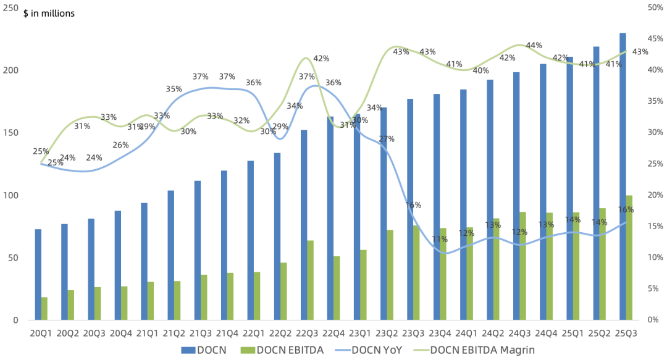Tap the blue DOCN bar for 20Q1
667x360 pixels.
(x=38, y=274)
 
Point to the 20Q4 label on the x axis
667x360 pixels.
(x=120, y=333)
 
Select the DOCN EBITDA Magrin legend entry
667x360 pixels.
(x=482, y=350)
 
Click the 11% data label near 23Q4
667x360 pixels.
(x=439, y=239)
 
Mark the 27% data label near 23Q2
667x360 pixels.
(x=387, y=139)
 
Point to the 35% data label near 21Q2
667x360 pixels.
(x=174, y=89)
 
